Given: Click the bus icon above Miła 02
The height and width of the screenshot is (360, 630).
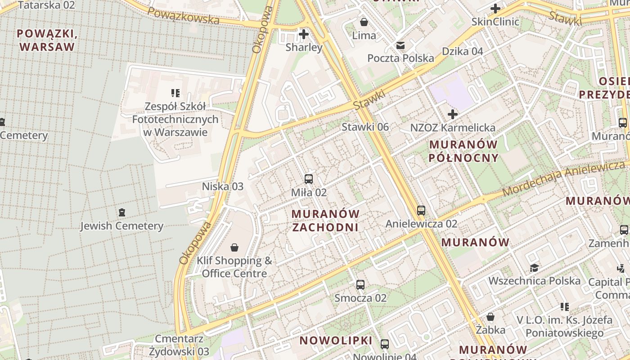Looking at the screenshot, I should pos(309,179).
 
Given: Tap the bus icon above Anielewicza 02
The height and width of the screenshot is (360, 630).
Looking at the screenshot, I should pos(421,210).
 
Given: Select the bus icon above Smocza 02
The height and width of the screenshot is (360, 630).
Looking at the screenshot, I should pos(360,284).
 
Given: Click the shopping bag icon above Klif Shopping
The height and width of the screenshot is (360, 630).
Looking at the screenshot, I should pos(234,247).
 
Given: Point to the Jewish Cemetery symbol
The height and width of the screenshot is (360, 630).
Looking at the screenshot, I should pos(121,212).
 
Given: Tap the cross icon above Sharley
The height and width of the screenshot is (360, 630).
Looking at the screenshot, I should pos(304,34).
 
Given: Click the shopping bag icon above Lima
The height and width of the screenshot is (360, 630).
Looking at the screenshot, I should pos(364,22).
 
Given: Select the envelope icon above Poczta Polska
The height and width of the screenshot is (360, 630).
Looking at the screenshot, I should pos(400,45).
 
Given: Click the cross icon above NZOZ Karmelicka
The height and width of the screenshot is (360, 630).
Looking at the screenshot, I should pos(453,114).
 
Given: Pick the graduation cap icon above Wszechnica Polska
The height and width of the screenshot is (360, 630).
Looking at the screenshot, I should pos(534,268).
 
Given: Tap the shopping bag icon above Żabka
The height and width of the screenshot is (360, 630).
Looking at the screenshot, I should pos(490,317).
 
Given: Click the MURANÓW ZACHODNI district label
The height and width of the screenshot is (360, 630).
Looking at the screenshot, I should pos(325,220).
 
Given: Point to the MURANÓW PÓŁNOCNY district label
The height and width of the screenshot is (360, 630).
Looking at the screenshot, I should pos(464,151).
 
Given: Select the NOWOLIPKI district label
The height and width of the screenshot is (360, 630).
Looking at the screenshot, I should pos(336,340).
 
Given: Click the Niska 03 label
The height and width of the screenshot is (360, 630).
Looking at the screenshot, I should pos(222,186).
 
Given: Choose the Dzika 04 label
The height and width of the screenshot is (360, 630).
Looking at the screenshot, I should pos(462,51).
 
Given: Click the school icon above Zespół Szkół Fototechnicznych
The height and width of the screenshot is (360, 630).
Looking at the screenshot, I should pos(175,93).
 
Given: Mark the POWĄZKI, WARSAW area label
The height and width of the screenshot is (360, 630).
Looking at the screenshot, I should pos(46,40).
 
